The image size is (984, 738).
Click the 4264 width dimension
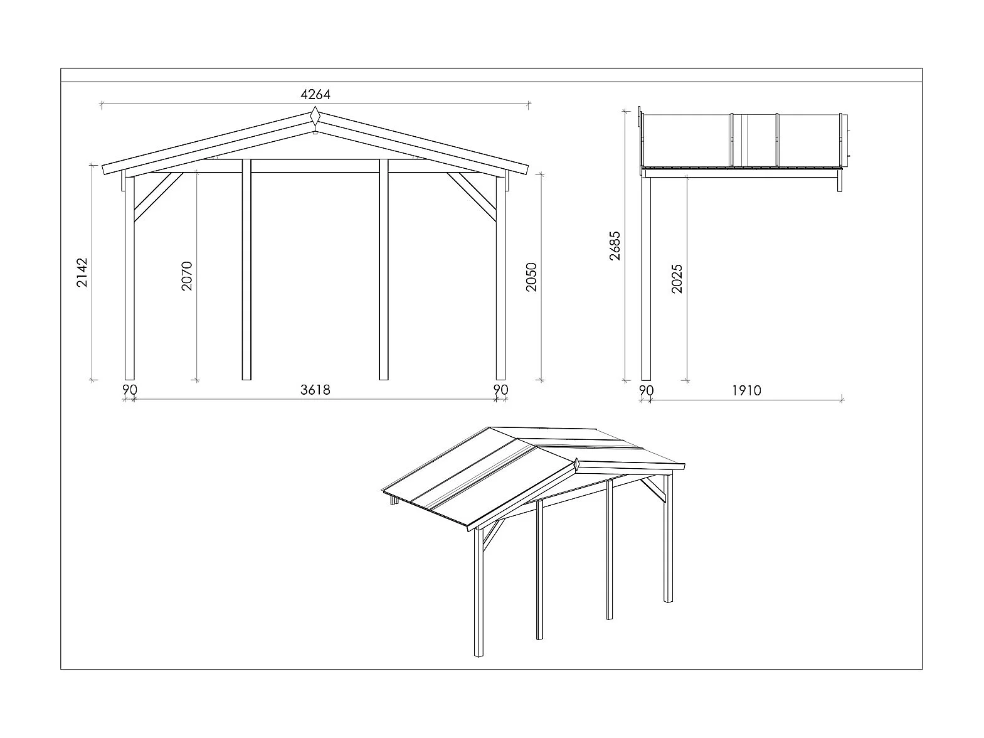tap(315, 95)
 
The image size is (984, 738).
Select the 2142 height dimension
tap(83, 272)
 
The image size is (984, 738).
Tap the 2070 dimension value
tap(187, 276)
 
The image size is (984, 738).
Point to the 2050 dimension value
tap(531, 277)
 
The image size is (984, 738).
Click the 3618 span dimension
tap(315, 390)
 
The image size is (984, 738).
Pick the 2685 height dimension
tap(615, 246)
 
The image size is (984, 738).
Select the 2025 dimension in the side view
tap(677, 279)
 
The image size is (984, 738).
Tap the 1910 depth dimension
tap(746, 390)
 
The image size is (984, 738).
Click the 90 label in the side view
tap(646, 390)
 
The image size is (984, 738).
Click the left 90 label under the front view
tap(129, 390)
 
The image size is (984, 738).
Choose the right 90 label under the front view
tap(500, 390)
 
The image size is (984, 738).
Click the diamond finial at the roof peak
tap(315, 117)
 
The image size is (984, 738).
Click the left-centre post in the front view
tap(246, 270)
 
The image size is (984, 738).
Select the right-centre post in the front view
tap(384, 270)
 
